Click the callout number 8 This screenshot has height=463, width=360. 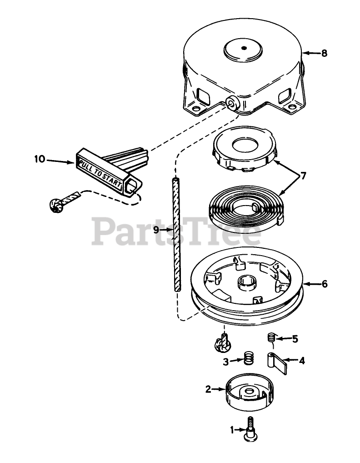coord(324,53)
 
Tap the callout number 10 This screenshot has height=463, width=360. coord(40,159)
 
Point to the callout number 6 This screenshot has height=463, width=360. coord(324,284)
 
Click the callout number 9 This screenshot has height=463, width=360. coord(156,230)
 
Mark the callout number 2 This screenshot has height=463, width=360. coord(208,389)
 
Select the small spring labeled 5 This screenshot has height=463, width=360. coord(271,338)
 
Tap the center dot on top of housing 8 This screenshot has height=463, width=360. coord(244,48)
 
